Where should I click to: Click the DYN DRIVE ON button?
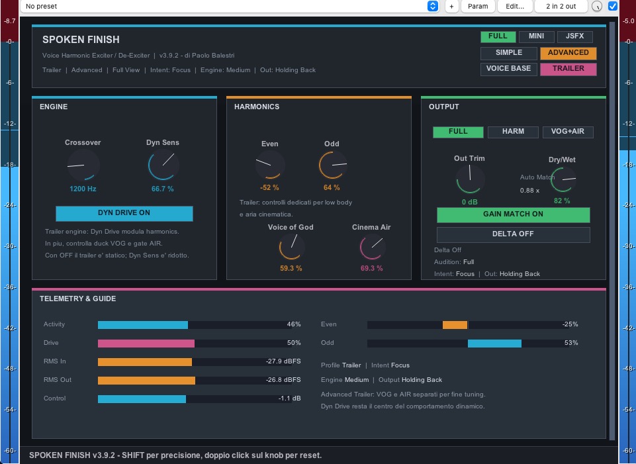pos(124,213)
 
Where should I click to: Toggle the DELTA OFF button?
pos(513,234)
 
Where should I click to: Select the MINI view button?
pos(536,36)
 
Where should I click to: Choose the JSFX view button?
pos(574,36)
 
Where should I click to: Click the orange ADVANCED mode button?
pos(568,53)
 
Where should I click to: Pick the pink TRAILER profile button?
pos(568,69)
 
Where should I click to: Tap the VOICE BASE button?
pos(509,69)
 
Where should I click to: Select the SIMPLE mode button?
pos(509,53)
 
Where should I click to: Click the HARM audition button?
pos(513,132)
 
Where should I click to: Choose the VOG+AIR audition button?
pos(568,132)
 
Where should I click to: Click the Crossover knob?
pos(83,165)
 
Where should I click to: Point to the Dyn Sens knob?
pos(163,165)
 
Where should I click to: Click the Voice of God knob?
pos(291,247)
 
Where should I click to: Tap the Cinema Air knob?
pos(372,247)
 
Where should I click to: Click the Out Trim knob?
pos(470,179)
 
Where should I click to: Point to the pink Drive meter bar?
pos(146,343)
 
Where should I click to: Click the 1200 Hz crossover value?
pos(83,189)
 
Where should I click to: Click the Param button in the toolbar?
pos(478,7)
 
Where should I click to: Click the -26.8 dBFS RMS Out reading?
pos(283,380)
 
